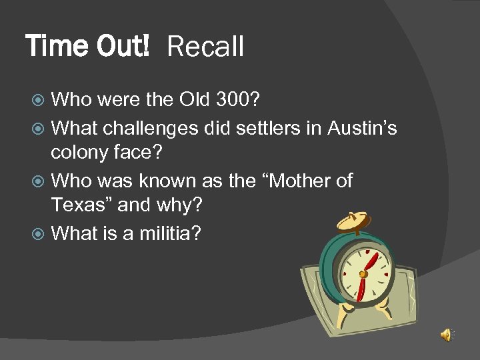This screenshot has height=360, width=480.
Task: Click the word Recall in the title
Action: (205, 47)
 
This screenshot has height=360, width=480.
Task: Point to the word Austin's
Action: (362, 127)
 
